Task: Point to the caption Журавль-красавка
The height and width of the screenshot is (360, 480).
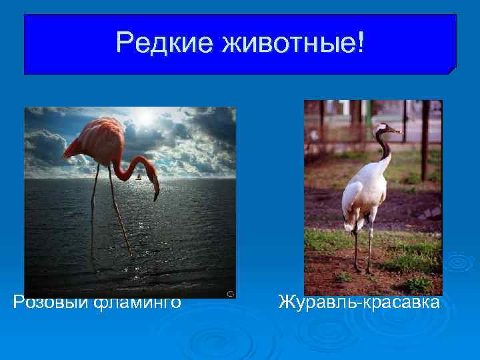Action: point(359,303)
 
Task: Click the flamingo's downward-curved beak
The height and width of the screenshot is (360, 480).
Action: point(156,193)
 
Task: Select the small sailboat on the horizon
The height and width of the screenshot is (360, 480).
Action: point(138,177)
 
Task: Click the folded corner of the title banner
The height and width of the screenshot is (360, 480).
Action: point(452,69)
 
